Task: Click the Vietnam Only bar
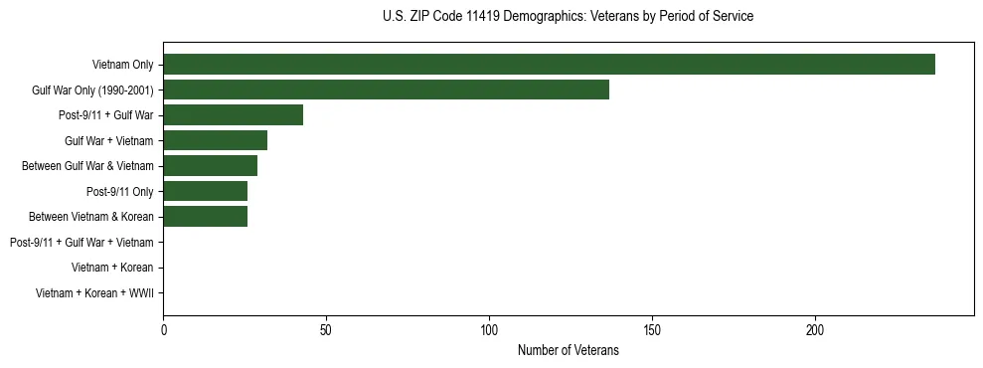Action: [549, 65]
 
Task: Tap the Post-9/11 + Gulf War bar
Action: [233, 115]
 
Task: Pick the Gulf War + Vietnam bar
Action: [215, 140]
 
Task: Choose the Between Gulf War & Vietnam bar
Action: [210, 166]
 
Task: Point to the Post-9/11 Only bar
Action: [205, 191]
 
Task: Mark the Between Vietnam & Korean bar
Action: [205, 217]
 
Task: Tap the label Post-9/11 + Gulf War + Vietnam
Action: [82, 242]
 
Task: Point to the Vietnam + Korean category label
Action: [112, 268]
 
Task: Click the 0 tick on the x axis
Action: [163, 329]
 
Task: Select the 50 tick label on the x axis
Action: [326, 329]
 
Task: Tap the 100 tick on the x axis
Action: [489, 329]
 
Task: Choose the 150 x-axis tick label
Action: [652, 329]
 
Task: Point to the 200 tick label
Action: [815, 329]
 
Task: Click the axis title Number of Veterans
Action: [568, 350]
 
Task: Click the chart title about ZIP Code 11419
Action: [568, 17]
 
